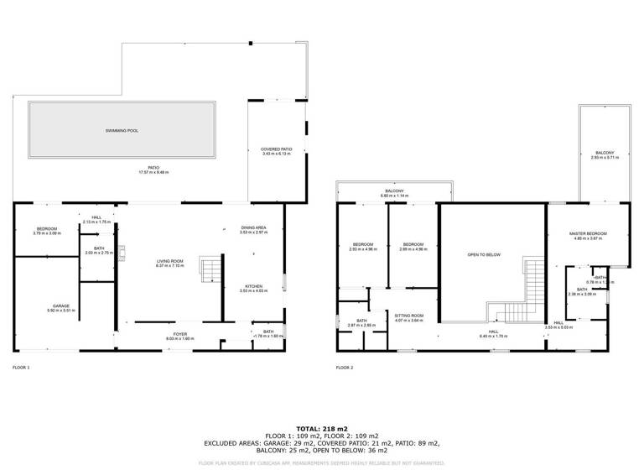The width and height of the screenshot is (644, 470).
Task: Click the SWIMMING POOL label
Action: [122, 132]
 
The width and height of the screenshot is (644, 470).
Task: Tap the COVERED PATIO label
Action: [276, 149]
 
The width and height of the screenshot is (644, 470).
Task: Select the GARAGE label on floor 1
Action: [61, 305]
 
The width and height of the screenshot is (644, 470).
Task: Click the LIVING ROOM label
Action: [170, 261]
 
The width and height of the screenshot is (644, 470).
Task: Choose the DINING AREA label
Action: [254, 227]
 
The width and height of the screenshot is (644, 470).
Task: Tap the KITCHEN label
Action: [254, 286]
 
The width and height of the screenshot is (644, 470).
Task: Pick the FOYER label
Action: [179, 334]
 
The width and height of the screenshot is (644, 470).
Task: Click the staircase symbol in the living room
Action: [208, 270]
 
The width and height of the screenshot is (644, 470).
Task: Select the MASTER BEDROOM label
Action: [587, 234]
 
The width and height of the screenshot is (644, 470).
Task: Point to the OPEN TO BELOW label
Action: [483, 253]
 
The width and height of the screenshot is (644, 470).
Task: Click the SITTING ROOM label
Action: [409, 316]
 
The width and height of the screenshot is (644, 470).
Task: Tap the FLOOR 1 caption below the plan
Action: [21, 368]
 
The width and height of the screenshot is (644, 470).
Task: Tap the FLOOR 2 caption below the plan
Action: [345, 368]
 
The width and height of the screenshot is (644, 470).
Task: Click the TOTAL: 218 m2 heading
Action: [322, 429]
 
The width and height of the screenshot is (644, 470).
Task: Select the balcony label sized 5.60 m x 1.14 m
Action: [394, 191]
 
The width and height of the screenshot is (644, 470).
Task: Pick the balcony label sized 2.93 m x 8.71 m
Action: [604, 153]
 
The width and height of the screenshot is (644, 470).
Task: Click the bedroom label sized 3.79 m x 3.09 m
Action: [47, 229]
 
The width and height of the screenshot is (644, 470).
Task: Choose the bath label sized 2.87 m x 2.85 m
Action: [361, 321]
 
